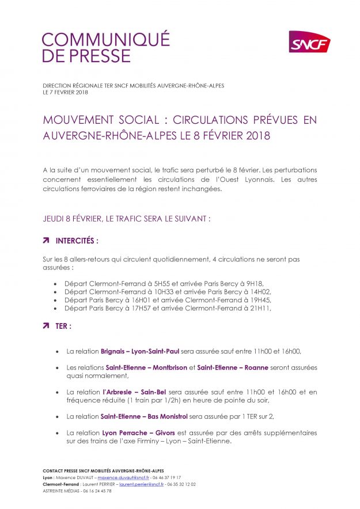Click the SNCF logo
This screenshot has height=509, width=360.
click(309, 42)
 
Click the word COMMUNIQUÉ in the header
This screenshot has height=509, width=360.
click(106, 39)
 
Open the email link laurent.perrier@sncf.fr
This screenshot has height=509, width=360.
click(142, 484)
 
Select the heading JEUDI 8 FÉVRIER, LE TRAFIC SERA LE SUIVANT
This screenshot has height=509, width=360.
click(127, 219)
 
